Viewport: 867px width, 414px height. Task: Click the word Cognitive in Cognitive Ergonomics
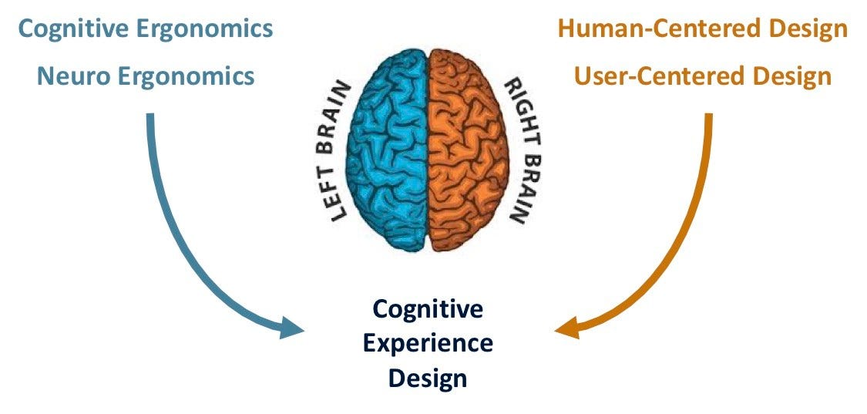point(76,30)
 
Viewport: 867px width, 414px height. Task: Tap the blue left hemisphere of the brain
point(388,146)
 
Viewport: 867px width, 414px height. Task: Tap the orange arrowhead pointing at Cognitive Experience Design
point(566,328)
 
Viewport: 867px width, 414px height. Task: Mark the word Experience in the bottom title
point(428,343)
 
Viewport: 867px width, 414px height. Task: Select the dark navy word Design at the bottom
point(428,378)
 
